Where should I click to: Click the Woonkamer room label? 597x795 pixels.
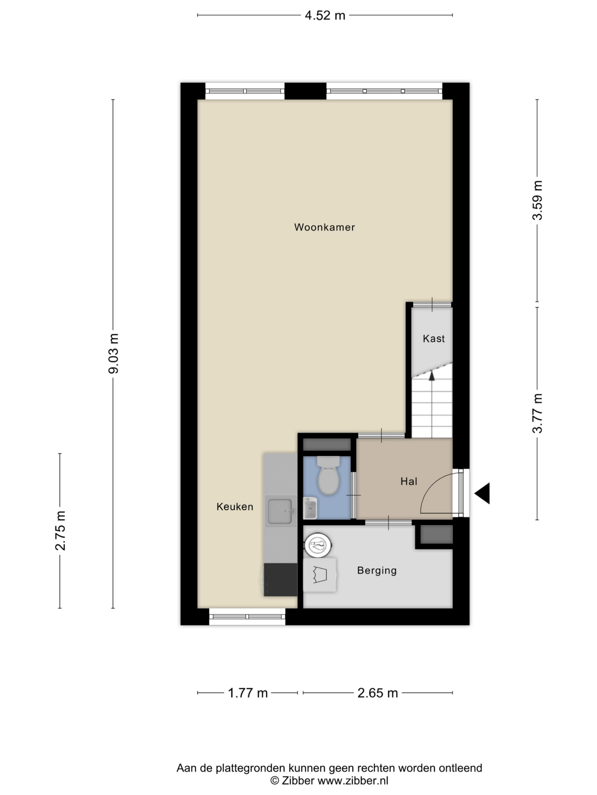pyautogui.click(x=324, y=227)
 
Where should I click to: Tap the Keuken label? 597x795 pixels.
pyautogui.click(x=235, y=507)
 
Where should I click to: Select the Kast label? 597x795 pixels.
pyautogui.click(x=434, y=339)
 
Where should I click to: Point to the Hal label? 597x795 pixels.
pyautogui.click(x=409, y=481)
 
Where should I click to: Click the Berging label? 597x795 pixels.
pyautogui.click(x=377, y=570)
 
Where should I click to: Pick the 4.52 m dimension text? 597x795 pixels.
pyautogui.click(x=325, y=15)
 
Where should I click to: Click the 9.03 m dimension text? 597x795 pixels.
pyautogui.click(x=114, y=353)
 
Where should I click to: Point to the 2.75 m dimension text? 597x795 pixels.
pyautogui.click(x=60, y=530)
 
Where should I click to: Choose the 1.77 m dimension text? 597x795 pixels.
pyautogui.click(x=248, y=693)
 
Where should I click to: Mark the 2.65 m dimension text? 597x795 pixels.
pyautogui.click(x=378, y=693)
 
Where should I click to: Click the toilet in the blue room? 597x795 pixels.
pyautogui.click(x=328, y=476)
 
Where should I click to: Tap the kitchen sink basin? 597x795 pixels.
pyautogui.click(x=282, y=511)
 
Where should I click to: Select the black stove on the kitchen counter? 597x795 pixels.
pyautogui.click(x=280, y=580)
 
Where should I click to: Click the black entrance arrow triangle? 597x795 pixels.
pyautogui.click(x=482, y=493)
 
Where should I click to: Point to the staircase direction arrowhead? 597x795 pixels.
pyautogui.click(x=431, y=375)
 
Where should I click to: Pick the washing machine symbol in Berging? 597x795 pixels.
pyautogui.click(x=319, y=575)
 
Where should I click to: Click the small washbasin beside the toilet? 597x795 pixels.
pyautogui.click(x=310, y=508)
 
